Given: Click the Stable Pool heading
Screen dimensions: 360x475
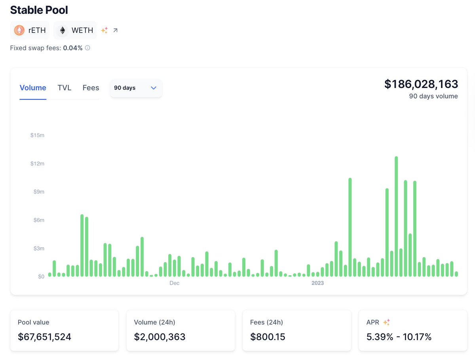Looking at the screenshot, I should coord(39,10).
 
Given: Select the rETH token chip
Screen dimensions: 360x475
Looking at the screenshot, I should coord(30,30).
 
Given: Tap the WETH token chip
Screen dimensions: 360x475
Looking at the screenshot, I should coord(75,30).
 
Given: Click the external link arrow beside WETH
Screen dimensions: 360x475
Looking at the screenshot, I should coord(115,30).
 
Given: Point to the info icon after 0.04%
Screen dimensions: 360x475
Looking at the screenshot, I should coord(87,48).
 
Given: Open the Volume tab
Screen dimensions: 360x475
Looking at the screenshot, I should coord(33,88).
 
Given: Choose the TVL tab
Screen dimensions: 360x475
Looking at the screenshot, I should coord(64,88).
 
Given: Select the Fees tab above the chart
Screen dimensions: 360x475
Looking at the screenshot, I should coord(91,88).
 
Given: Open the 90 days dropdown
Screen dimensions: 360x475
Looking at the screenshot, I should coord(136,88).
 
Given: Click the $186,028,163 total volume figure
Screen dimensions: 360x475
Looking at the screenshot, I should coord(421,84).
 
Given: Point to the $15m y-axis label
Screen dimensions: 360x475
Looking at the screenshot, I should coord(37,135).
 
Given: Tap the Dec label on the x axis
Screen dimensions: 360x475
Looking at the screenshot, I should coord(174,283).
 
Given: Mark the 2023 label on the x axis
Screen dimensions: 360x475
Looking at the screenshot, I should coord(317,283).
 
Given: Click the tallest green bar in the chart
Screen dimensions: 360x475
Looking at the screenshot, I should coord(396,216).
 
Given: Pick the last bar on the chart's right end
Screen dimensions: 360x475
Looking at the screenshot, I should coord(456,274).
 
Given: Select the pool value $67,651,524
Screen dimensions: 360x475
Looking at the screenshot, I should coord(44,337).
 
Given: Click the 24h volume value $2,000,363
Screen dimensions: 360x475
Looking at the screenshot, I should coord(160,337).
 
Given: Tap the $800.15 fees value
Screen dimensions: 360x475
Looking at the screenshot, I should coord(268,337).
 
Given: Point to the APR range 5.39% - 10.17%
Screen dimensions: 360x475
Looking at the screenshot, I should coord(399,337).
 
